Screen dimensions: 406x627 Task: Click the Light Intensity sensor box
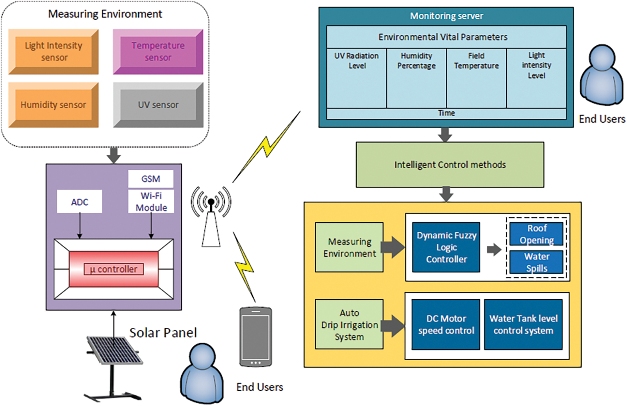point(53,52)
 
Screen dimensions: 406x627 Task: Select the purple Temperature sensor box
point(158,52)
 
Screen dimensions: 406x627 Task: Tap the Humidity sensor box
point(53,105)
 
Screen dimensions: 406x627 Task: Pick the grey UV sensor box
point(158,105)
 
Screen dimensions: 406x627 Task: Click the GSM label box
point(151,179)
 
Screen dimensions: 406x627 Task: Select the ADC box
point(80,202)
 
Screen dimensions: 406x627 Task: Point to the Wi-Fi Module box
point(151,202)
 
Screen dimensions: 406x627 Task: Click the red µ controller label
point(114,269)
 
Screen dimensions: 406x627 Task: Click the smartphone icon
point(256,337)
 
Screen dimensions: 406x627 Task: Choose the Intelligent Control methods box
point(450,165)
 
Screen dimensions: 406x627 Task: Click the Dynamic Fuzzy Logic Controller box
point(446,247)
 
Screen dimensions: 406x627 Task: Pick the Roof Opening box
point(536,234)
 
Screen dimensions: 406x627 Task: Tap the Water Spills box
point(536,262)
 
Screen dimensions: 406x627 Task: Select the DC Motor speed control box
point(446,325)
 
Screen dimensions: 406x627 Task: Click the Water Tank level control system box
point(523,325)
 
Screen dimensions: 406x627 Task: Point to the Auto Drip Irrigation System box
point(349,325)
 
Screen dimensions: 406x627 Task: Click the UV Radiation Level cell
point(357,78)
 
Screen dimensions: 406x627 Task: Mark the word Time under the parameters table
point(446,113)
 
